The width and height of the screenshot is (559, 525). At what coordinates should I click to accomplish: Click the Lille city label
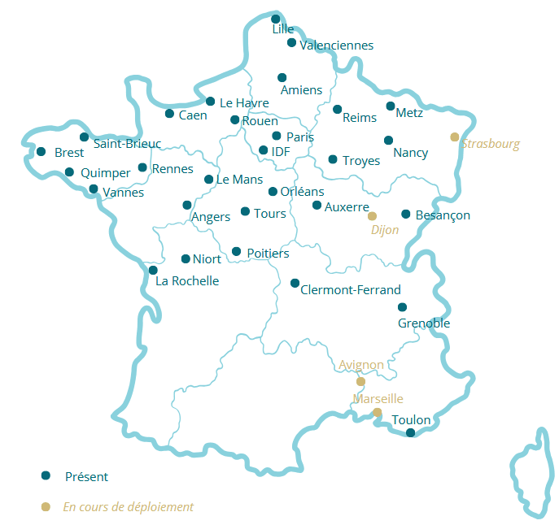click(x=283, y=29)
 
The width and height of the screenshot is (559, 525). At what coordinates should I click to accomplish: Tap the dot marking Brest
click(x=41, y=151)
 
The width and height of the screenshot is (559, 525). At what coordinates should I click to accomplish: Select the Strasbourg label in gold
click(x=491, y=144)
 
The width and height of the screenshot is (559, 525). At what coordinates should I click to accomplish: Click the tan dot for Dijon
click(x=372, y=216)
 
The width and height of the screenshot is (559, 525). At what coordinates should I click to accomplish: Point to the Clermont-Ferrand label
click(x=351, y=289)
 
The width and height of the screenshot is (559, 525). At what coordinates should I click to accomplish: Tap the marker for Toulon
click(x=410, y=432)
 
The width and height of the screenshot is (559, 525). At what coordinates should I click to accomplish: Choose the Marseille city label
click(x=378, y=398)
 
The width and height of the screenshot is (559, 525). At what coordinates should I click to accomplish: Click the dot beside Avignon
click(x=360, y=381)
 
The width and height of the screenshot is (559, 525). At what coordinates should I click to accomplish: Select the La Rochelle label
click(x=187, y=281)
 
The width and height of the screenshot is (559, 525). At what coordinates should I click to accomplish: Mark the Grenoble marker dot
click(x=402, y=307)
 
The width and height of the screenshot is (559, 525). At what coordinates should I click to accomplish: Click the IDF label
click(x=280, y=151)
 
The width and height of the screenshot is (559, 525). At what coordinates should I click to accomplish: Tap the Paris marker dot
click(x=277, y=136)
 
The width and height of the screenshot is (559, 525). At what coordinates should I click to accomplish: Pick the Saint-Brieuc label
click(x=127, y=144)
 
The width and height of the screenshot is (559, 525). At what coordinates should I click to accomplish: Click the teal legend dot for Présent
click(x=46, y=475)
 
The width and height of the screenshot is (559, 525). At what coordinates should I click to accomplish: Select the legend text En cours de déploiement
click(x=129, y=506)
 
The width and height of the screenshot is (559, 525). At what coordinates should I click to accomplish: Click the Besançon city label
click(x=443, y=215)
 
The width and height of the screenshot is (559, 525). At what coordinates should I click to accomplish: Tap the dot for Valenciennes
click(x=291, y=42)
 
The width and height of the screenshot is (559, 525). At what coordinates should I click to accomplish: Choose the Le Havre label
click(x=244, y=102)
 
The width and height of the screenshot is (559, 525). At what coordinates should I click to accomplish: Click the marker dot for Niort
click(x=186, y=258)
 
